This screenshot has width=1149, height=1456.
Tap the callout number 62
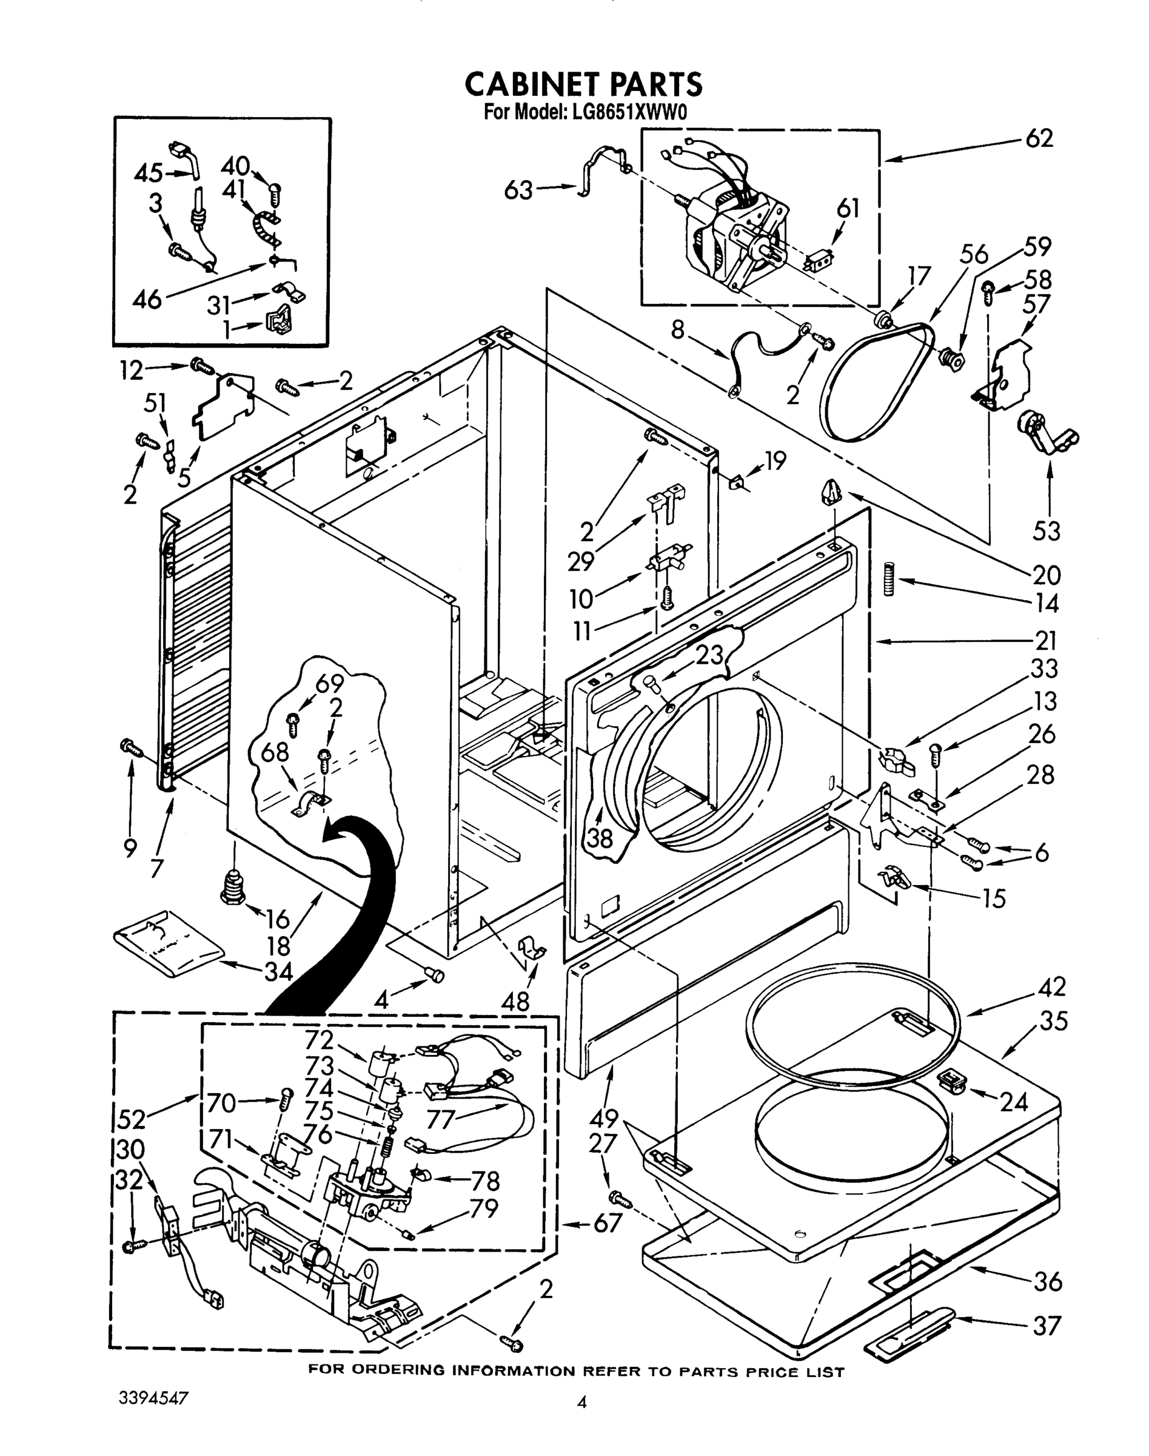(x=1039, y=139)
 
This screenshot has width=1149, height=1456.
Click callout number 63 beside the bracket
(x=518, y=190)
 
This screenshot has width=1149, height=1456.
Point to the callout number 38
(x=597, y=837)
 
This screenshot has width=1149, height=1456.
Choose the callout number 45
(x=148, y=174)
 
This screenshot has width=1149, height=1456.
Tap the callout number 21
(x=1045, y=639)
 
